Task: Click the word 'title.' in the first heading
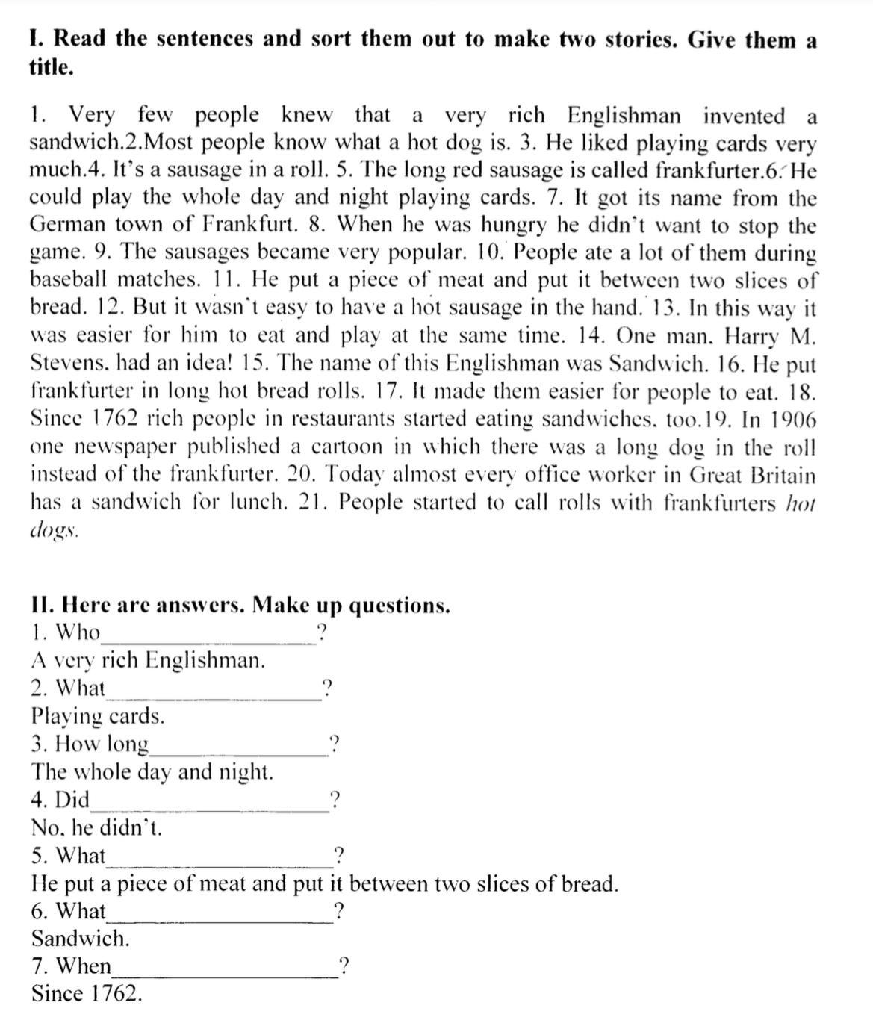tap(51, 68)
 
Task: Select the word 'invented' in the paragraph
tap(744, 116)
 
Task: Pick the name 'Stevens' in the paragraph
tap(69, 363)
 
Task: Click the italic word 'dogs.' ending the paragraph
tap(54, 530)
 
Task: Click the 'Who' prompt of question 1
tap(78, 632)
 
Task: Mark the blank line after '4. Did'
tap(208, 809)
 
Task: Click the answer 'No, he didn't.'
tap(96, 828)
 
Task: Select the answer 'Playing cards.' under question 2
tap(98, 717)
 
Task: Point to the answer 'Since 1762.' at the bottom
tap(87, 994)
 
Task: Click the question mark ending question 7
tap(342, 967)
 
